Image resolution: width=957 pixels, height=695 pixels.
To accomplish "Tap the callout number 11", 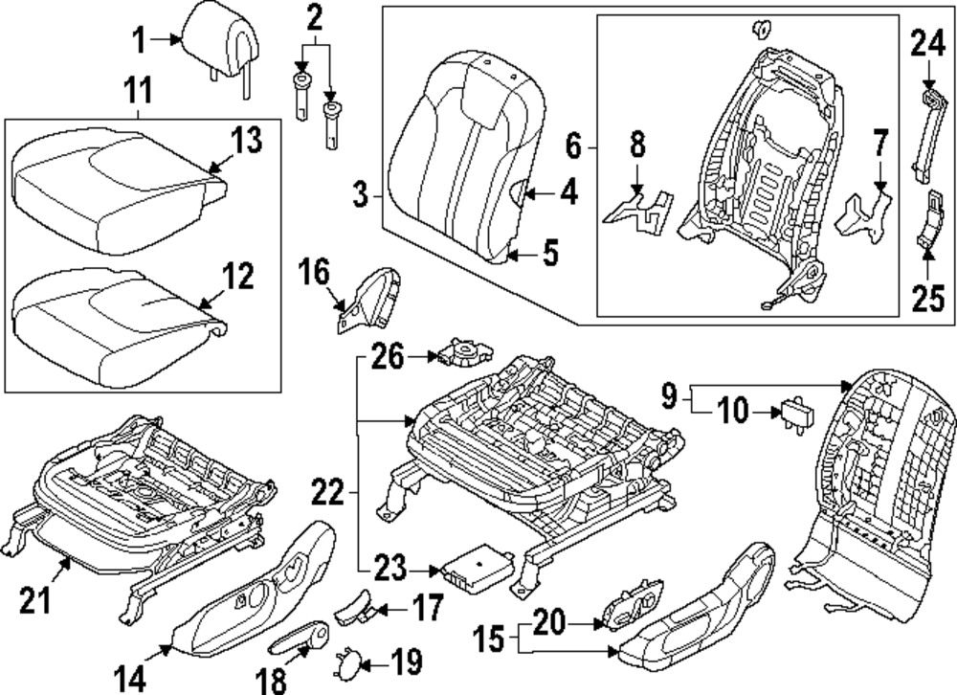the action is pos(138,92).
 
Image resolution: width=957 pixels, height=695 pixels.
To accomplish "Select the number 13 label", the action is pos(246,140).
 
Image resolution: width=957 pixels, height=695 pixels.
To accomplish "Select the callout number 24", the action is pos(927,44).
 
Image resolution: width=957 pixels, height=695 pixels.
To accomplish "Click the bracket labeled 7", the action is pos(862,217).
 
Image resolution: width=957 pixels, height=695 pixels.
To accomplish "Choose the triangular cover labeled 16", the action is pos(369,301).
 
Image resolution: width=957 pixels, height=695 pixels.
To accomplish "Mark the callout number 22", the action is pos(328,492).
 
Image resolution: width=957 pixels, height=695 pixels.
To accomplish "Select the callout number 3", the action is pos(362,195).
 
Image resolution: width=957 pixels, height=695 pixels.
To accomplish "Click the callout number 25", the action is pos(927,298).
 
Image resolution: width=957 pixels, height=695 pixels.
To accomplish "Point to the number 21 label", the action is pos(36,599).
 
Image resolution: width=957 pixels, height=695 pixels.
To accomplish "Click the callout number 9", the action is pos(670,395).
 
